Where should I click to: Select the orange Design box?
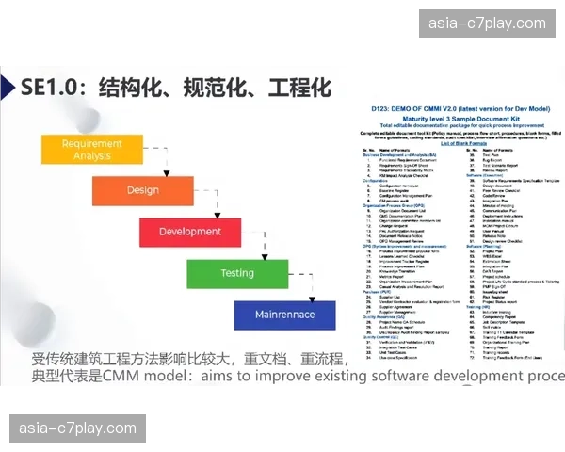click(143, 190)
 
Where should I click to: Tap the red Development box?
click(189, 232)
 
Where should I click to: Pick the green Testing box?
click(237, 273)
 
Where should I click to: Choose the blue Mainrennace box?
click(284, 315)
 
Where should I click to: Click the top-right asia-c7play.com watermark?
click(487, 24)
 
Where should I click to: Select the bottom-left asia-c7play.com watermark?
click(78, 429)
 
